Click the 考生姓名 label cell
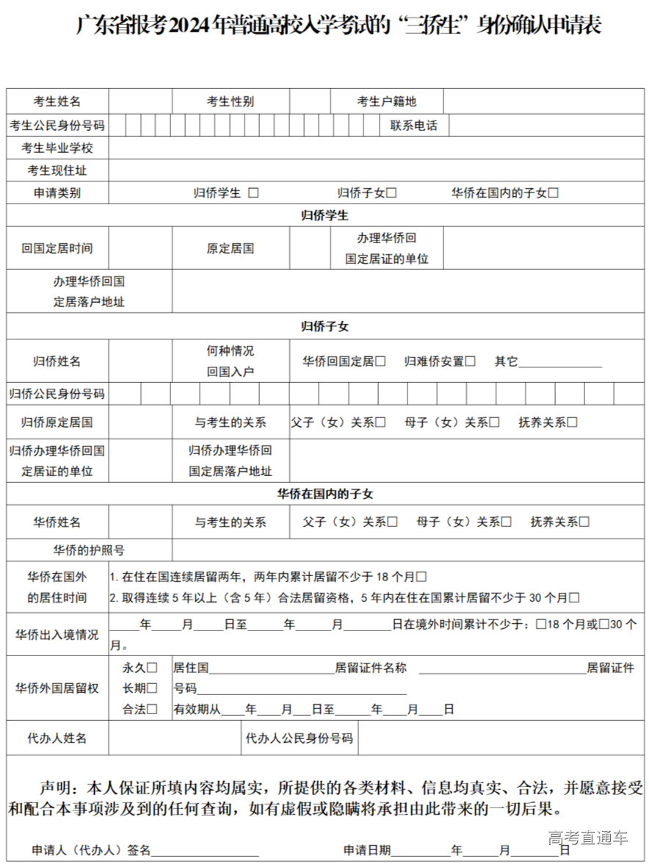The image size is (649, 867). tap(57, 102)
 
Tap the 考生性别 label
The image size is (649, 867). tap(230, 102)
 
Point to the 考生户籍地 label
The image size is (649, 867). tap(386, 102)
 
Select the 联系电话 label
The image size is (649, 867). tap(413, 126)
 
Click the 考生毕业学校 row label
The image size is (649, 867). tap(57, 148)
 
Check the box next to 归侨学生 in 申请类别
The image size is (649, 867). tap(253, 193)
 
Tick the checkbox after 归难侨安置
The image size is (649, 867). tap(471, 361)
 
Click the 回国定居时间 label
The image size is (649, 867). tap(57, 248)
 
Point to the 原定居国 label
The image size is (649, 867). tap(230, 248)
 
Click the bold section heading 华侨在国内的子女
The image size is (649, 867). tap(324, 494)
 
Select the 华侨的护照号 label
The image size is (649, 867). tap(89, 550)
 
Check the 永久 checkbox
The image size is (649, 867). tap(152, 668)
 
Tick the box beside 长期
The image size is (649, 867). tap(152, 688)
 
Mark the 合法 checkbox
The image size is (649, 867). tap(152, 709)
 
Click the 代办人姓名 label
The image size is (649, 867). tap(57, 738)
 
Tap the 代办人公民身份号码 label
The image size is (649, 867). tap(300, 738)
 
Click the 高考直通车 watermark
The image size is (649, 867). tap(588, 838)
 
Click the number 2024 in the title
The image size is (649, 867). tap(190, 26)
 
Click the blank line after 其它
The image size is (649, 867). tap(560, 362)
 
